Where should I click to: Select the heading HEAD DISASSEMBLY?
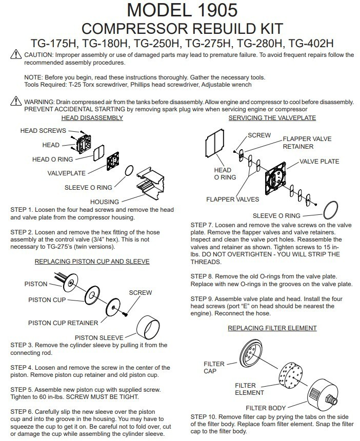[92, 117]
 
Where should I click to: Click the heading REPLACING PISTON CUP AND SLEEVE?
[92, 261]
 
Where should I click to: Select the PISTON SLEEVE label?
[99, 337]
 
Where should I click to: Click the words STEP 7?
[203, 225]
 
